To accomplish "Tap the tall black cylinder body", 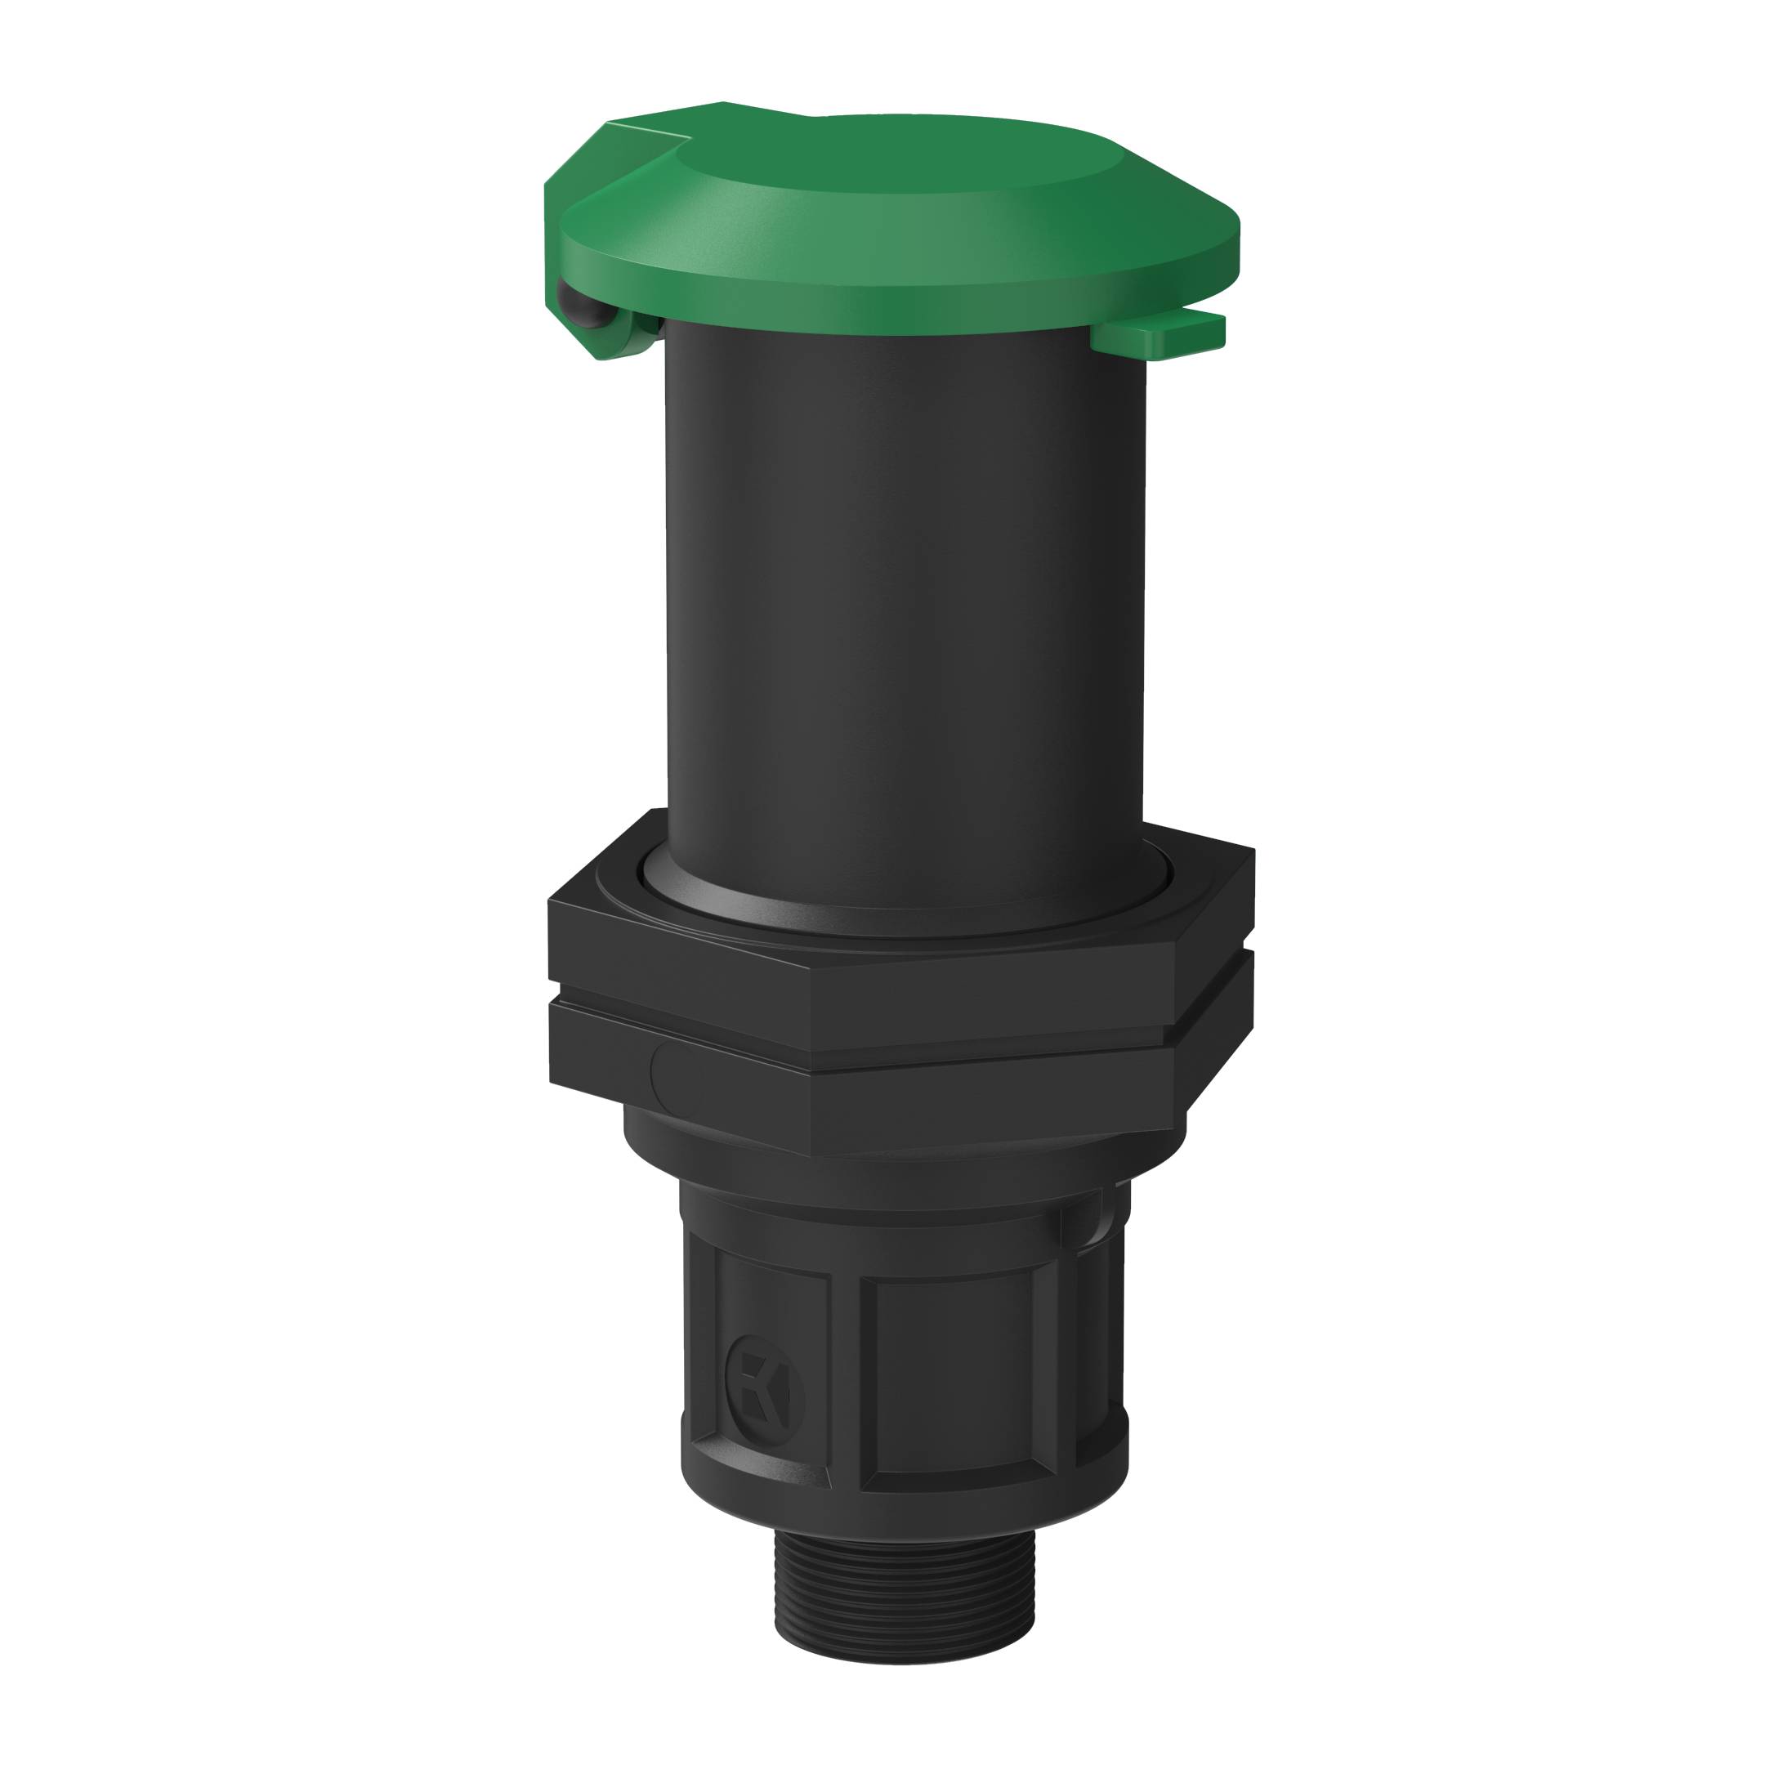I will tap(905, 594).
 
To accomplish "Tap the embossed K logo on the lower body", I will tap(764, 1399).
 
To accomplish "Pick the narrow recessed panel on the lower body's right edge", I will tap(1092, 1352).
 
